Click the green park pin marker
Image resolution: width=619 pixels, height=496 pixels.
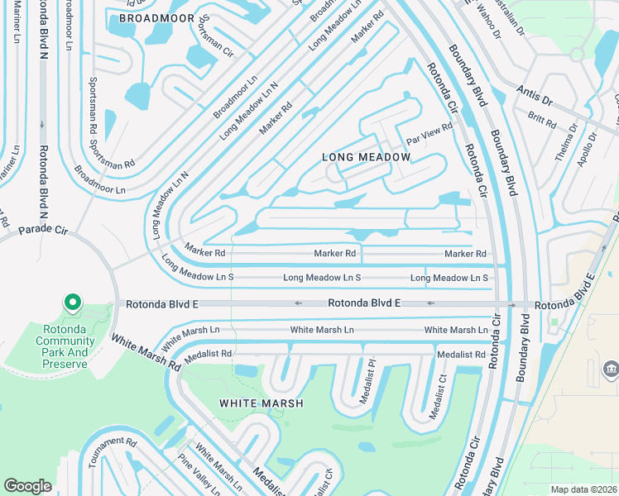(72, 303)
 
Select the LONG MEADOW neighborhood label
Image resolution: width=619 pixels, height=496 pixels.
(366, 157)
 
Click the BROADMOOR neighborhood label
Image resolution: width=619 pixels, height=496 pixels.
(156, 17)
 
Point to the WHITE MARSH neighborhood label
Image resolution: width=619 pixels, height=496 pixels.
(261, 403)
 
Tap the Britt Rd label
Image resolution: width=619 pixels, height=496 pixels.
(542, 121)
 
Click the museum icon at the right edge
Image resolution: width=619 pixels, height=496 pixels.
(610, 368)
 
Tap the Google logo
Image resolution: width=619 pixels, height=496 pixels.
(28, 486)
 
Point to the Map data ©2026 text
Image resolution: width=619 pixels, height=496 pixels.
(583, 489)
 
